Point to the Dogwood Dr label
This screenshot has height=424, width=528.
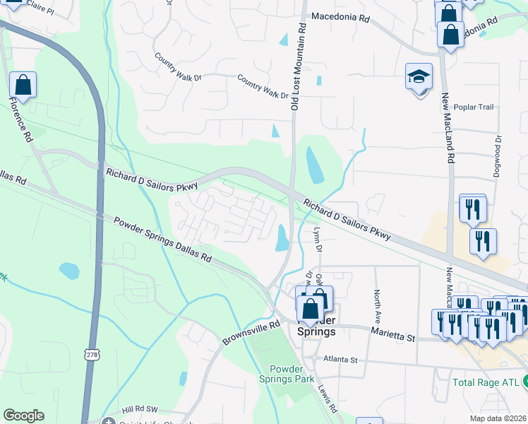coord(497,155)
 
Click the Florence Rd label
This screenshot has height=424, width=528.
coord(22,119)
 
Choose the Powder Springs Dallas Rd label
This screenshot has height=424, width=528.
coord(162,240)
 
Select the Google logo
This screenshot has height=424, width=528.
coord(23,416)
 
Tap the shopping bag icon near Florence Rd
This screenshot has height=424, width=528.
coord(23,86)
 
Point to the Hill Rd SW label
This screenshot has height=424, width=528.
coord(137,409)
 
